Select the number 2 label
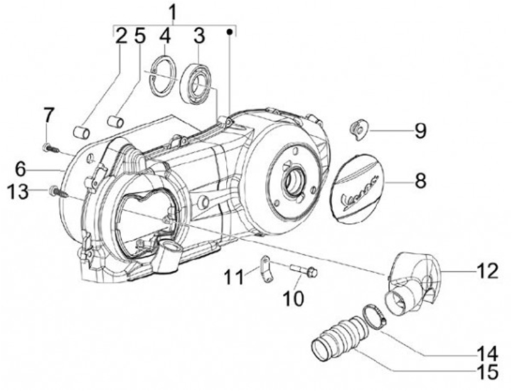coord(121,35)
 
